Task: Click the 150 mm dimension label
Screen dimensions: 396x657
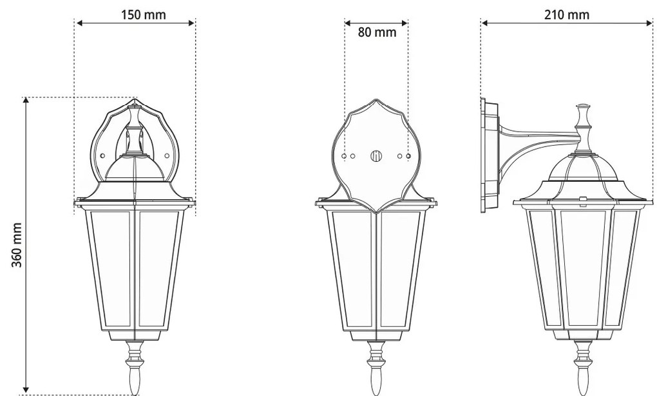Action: tap(143, 14)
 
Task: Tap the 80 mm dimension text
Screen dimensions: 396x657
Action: tap(377, 32)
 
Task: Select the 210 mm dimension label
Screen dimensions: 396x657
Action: tap(567, 14)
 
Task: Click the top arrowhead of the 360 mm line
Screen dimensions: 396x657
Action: tap(26, 102)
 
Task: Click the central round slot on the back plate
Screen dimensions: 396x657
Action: tap(377, 156)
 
